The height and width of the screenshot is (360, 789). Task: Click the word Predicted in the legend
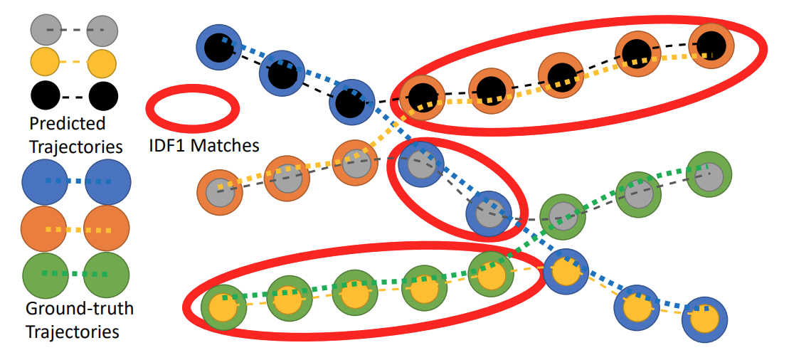click(x=67, y=123)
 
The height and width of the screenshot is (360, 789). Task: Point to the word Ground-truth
click(x=79, y=309)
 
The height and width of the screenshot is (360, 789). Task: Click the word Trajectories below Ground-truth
click(x=72, y=332)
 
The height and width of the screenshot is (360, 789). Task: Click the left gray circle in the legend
click(x=46, y=31)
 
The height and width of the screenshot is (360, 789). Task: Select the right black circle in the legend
click(x=103, y=92)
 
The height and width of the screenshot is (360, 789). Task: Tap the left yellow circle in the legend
click(x=46, y=62)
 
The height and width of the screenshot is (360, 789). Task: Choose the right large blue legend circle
click(x=107, y=181)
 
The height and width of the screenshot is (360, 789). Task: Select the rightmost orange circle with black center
click(x=710, y=46)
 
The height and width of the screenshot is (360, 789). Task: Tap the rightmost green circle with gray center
click(x=708, y=175)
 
